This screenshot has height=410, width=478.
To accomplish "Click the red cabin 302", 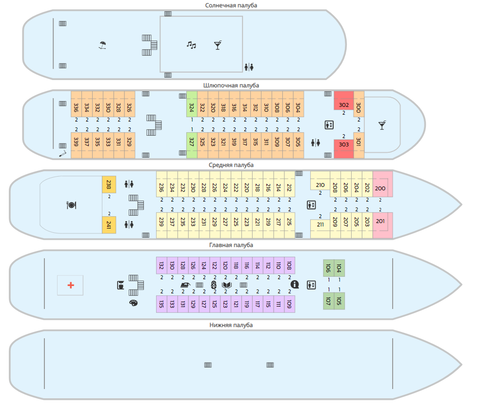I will click(343, 104).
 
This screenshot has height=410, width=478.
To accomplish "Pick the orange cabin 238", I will click(109, 184).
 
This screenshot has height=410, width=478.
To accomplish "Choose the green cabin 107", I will click(328, 301).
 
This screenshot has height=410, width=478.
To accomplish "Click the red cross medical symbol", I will click(71, 285).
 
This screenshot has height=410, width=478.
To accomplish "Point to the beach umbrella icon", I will click(102, 45).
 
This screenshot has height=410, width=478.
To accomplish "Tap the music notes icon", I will click(191, 45).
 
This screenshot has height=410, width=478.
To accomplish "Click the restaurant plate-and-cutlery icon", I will click(71, 205).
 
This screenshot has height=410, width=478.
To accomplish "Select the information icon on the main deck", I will click(295, 284).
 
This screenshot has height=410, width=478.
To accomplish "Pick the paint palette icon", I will click(133, 303).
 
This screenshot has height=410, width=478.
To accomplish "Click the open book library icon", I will click(227, 285).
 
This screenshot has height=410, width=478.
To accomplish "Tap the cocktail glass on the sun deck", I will click(218, 45).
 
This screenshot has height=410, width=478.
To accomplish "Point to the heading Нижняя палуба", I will click(231, 325).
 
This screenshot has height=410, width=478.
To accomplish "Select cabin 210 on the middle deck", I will click(320, 185).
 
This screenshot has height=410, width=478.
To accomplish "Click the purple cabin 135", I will click(161, 304).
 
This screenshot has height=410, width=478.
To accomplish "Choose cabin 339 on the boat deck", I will click(76, 142).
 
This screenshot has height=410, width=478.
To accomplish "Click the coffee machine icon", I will click(120, 285).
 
